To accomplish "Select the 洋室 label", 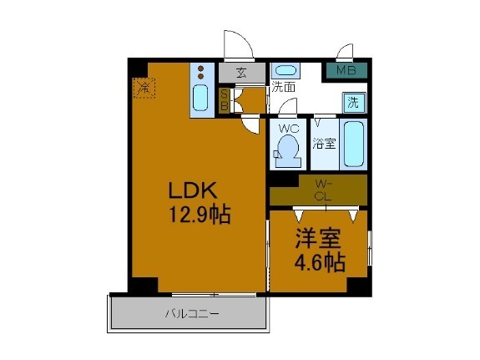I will click(x=318, y=237).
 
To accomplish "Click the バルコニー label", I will click(x=191, y=315).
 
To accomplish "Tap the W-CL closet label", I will click(x=323, y=190).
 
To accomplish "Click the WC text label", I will click(x=288, y=129).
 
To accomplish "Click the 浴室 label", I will click(x=325, y=143).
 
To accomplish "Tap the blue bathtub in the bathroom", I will click(x=354, y=145).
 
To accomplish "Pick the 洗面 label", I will click(x=282, y=86).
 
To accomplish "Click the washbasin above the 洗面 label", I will click(x=285, y=70).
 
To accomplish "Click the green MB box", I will click(x=346, y=71).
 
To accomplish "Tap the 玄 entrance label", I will click(x=241, y=73).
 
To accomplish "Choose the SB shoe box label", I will click(x=225, y=100).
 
